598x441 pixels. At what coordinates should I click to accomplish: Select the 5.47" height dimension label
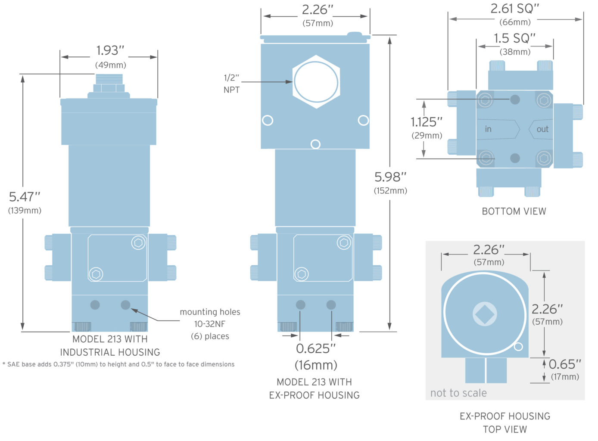tap(25, 197)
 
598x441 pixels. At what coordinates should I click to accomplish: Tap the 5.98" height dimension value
tap(390, 177)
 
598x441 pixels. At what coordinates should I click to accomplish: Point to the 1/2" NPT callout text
tap(231, 84)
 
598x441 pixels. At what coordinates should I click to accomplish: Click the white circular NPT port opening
tap(316, 82)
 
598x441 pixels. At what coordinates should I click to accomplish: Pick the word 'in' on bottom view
tap(488, 129)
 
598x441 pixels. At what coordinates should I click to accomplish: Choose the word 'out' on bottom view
tap(542, 129)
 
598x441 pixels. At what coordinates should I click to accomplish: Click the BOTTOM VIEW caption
tap(514, 211)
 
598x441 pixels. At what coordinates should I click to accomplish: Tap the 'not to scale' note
tap(458, 393)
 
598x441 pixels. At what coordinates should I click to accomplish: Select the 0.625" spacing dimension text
tap(315, 348)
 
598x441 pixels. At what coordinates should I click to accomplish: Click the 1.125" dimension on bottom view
tap(426, 122)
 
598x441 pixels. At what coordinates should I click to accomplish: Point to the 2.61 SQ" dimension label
tap(515, 9)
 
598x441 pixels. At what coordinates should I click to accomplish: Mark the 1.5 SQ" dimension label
tap(514, 38)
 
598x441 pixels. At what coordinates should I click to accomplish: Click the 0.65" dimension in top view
tap(564, 364)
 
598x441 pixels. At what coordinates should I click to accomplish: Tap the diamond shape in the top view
tap(485, 314)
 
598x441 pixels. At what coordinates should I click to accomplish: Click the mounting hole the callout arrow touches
tap(125, 305)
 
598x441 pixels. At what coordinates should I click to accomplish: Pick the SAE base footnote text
tap(118, 364)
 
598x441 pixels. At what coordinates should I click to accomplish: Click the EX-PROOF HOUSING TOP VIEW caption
tap(505, 422)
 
